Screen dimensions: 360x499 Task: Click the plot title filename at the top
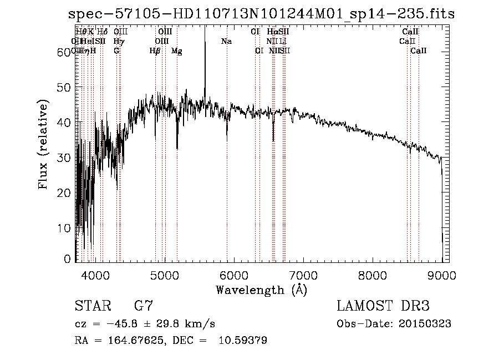pyautogui.click(x=261, y=14)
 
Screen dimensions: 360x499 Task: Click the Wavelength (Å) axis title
pyautogui.click(x=261, y=290)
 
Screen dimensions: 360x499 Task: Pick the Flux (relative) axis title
pyautogui.click(x=43, y=144)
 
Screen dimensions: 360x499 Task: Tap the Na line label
pyautogui.click(x=226, y=42)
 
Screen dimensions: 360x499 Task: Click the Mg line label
pyautogui.click(x=176, y=51)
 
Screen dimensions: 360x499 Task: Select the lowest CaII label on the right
pyautogui.click(x=419, y=51)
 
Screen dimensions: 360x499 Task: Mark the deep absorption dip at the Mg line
pyautogui.click(x=177, y=145)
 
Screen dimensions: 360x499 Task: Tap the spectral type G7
pyautogui.click(x=143, y=306)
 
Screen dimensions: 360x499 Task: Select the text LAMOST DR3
pyautogui.click(x=383, y=306)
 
